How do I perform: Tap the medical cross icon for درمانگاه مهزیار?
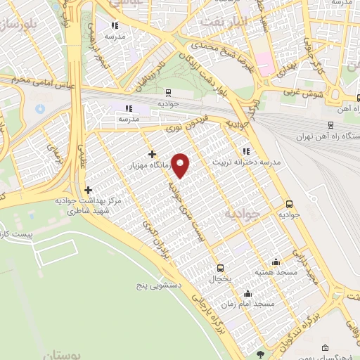[152, 154]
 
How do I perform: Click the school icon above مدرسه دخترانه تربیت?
[245, 150]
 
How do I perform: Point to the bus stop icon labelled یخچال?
[220, 268]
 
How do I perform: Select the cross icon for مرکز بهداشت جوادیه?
[88, 190]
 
